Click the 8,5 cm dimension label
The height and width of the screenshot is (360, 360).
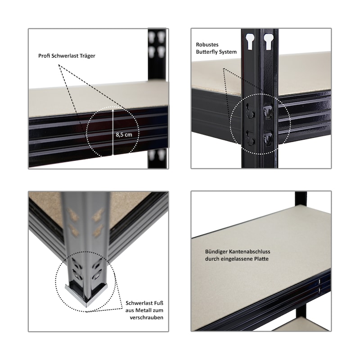124,135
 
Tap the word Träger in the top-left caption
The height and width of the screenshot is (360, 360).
87,56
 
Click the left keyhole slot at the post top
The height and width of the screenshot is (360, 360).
250,42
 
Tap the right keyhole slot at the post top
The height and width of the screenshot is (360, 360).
268,42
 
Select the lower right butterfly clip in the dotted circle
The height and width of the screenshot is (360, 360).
268,138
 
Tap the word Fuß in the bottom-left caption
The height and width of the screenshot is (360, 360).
158,303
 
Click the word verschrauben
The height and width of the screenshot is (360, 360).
147,318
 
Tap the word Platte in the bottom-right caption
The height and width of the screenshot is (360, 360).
261,259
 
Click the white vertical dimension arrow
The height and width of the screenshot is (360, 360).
113,132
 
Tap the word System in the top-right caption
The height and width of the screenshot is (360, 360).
228,52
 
